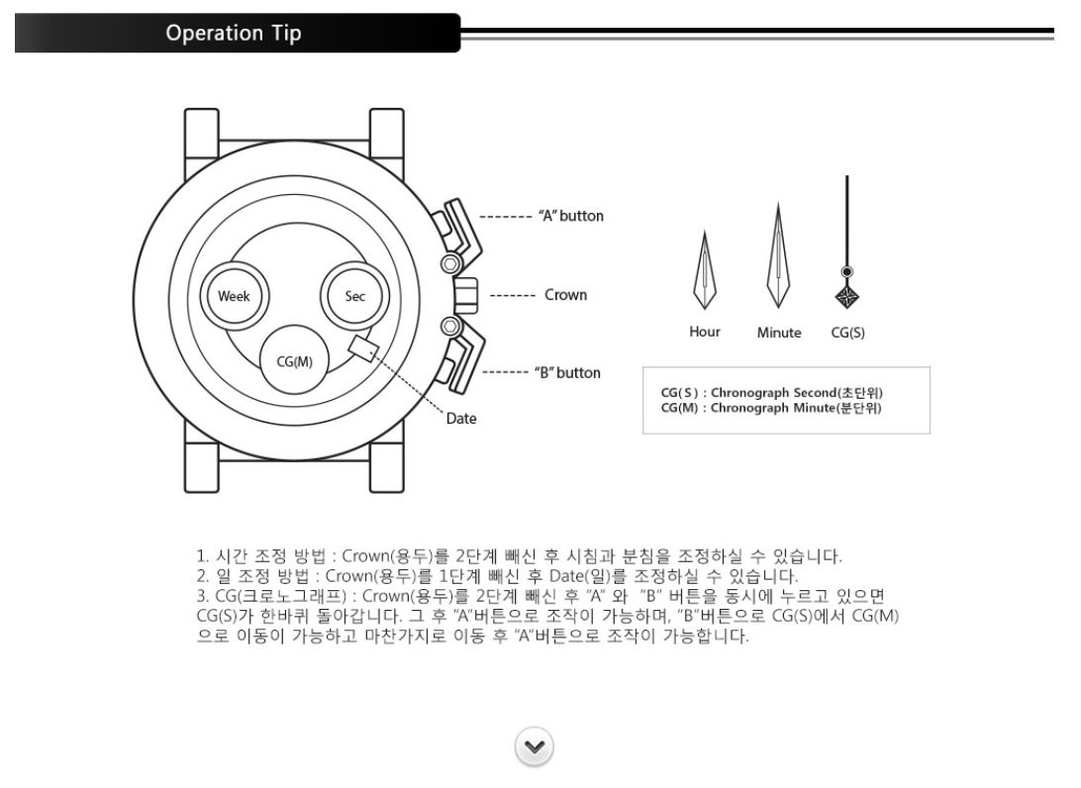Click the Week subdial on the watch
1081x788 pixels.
pyautogui.click(x=234, y=296)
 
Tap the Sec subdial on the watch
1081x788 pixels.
pyautogui.click(x=354, y=296)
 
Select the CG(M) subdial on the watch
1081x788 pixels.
pyautogui.click(x=294, y=360)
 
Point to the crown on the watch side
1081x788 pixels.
pyautogui.click(x=465, y=294)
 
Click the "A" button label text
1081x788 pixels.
pyautogui.click(x=570, y=216)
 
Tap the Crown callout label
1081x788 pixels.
pyautogui.click(x=565, y=295)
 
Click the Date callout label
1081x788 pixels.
pyautogui.click(x=461, y=419)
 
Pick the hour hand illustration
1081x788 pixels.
pyautogui.click(x=704, y=270)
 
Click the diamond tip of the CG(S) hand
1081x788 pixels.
pyautogui.click(x=847, y=297)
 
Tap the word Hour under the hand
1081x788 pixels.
pyautogui.click(x=705, y=333)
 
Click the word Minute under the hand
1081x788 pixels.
pyautogui.click(x=779, y=333)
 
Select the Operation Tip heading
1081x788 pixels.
pyautogui.click(x=235, y=33)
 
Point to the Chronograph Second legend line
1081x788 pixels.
pyautogui.click(x=771, y=393)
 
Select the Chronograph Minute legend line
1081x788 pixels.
pyautogui.click(x=771, y=407)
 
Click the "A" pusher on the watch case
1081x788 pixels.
pyautogui.click(x=457, y=228)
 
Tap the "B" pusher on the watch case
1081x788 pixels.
pyautogui.click(x=457, y=360)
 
